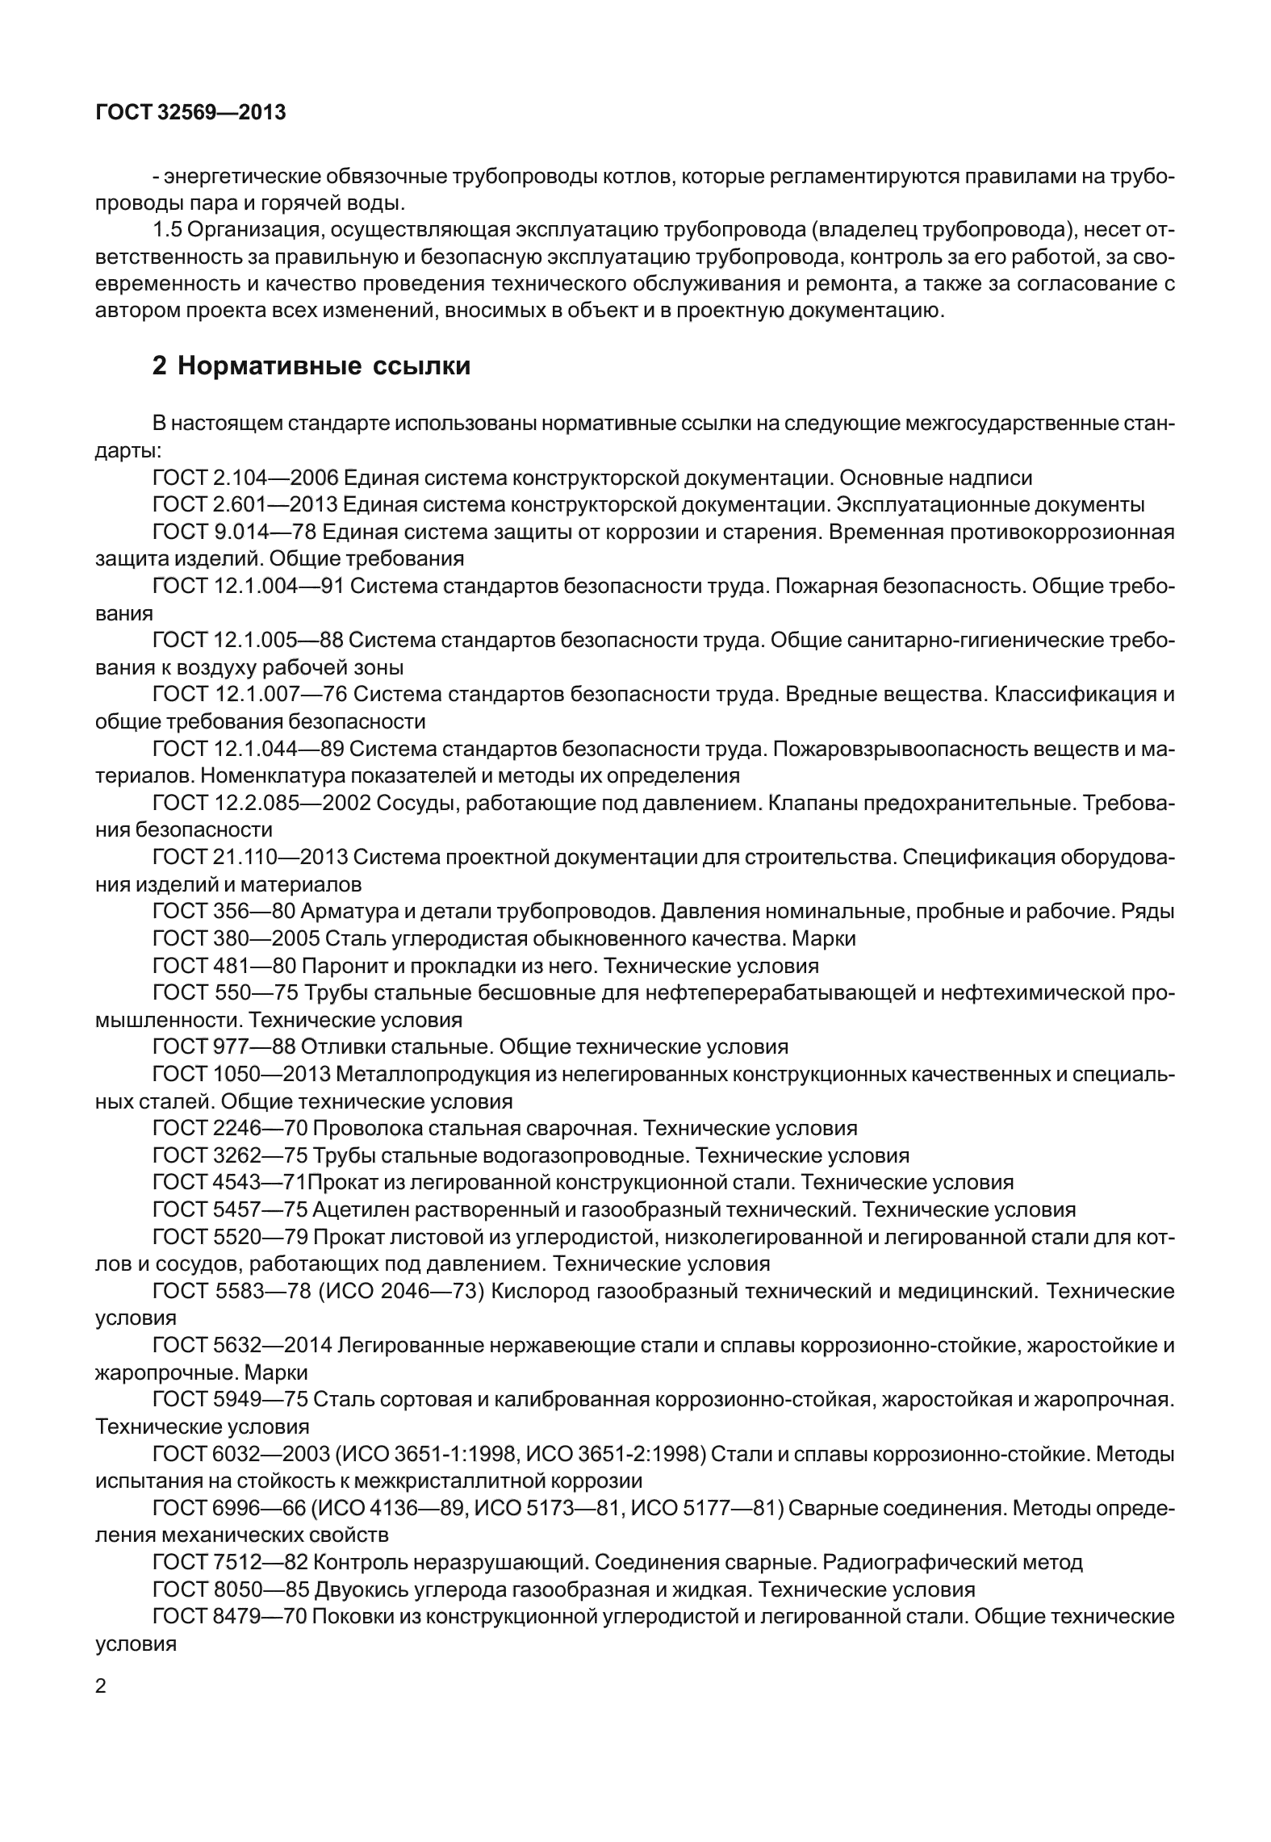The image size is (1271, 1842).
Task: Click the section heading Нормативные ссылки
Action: (311, 366)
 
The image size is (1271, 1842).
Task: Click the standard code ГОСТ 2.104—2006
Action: (245, 478)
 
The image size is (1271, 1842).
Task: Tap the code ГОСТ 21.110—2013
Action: (250, 858)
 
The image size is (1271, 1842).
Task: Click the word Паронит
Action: (333, 966)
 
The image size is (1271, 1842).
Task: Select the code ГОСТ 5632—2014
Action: (242, 1345)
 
